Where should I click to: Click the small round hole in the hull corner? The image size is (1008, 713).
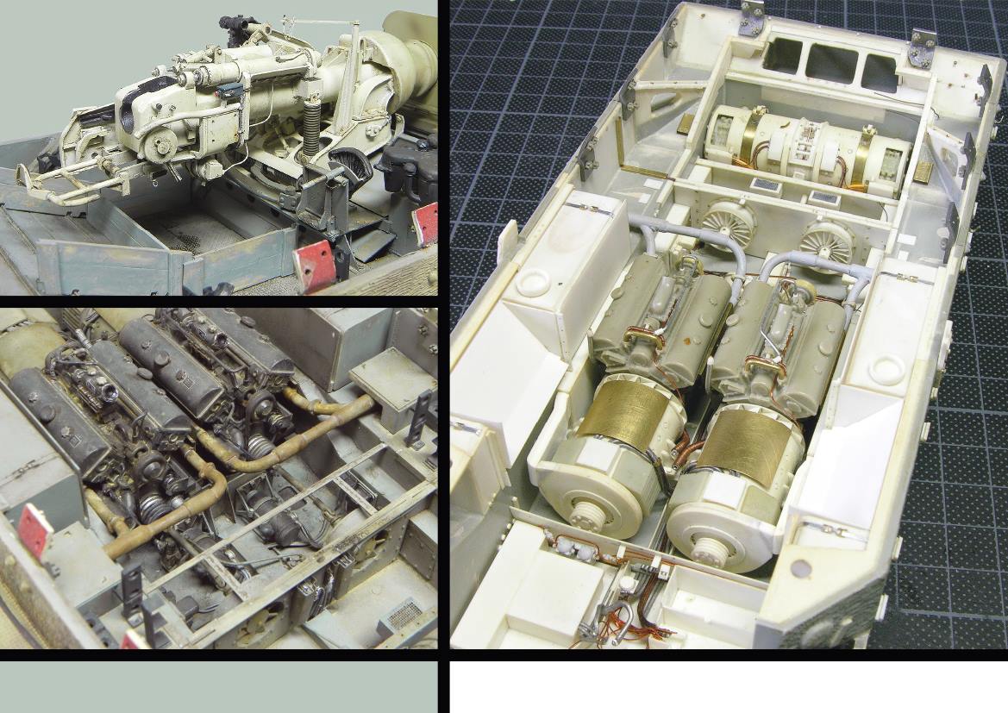798,568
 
